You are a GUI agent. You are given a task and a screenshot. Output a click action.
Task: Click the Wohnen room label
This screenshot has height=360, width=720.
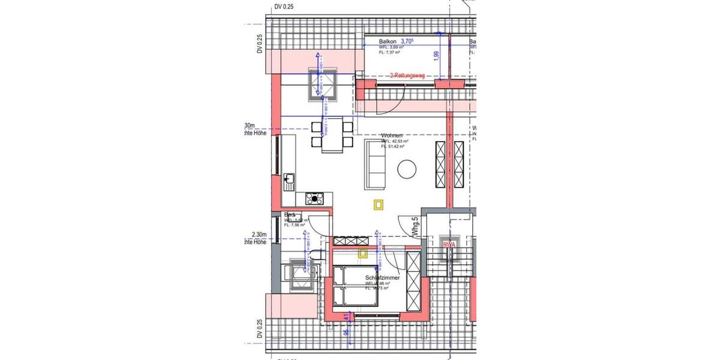391,136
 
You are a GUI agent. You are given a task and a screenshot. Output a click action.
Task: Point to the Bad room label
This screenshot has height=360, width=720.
290,214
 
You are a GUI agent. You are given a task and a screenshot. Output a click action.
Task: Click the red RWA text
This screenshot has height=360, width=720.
449,245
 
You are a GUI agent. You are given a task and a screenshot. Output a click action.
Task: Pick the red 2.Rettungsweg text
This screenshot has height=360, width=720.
407,76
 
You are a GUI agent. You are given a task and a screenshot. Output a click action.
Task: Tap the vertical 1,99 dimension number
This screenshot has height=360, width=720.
436,57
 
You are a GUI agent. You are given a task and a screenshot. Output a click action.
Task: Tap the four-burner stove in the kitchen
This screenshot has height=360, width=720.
315,199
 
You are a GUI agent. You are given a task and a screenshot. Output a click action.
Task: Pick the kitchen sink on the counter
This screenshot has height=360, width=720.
290,179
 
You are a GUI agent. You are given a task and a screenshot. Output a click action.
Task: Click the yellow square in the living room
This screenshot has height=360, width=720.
379,205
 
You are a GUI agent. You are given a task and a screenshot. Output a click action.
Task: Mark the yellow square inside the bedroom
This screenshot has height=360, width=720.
362,254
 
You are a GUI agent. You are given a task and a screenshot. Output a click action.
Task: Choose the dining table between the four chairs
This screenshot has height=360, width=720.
332,135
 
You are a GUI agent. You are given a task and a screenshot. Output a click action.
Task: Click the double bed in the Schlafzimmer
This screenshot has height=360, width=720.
346,287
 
